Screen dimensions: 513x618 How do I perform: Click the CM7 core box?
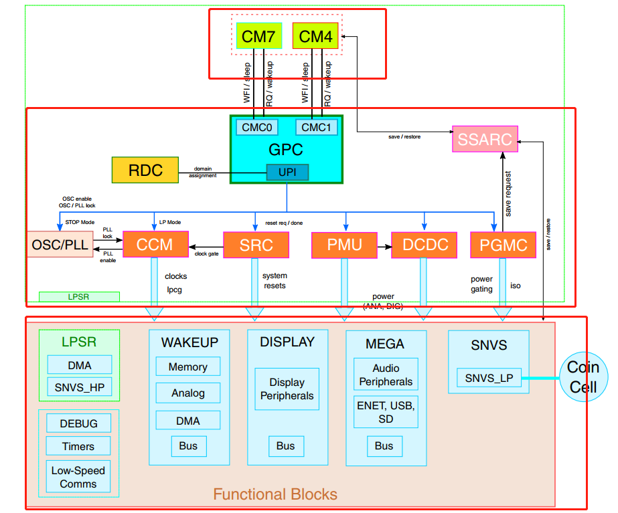tap(258, 36)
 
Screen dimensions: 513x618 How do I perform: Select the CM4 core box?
tap(315, 36)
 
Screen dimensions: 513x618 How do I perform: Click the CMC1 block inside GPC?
tap(317, 127)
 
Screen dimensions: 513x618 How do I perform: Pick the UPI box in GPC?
tap(287, 173)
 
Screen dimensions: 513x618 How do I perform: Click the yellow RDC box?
tap(145, 171)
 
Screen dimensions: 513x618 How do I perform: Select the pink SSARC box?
tap(485, 140)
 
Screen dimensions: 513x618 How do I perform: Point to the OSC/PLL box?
tap(60, 245)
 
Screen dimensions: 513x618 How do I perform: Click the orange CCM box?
tap(155, 245)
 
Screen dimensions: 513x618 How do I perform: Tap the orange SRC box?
tap(256, 245)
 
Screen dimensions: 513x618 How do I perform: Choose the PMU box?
tap(344, 245)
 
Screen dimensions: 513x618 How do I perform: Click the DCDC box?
tap(424, 245)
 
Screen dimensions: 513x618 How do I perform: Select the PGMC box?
tap(504, 245)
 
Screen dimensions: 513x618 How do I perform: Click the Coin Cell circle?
tap(583, 377)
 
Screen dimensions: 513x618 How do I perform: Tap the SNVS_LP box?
tap(489, 378)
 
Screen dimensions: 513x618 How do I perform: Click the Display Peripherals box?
tap(287, 389)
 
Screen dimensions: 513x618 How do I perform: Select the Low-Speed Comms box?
tap(78, 477)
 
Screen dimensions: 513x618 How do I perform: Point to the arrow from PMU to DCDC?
tap(384, 245)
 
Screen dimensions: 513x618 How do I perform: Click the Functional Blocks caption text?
tap(275, 495)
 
